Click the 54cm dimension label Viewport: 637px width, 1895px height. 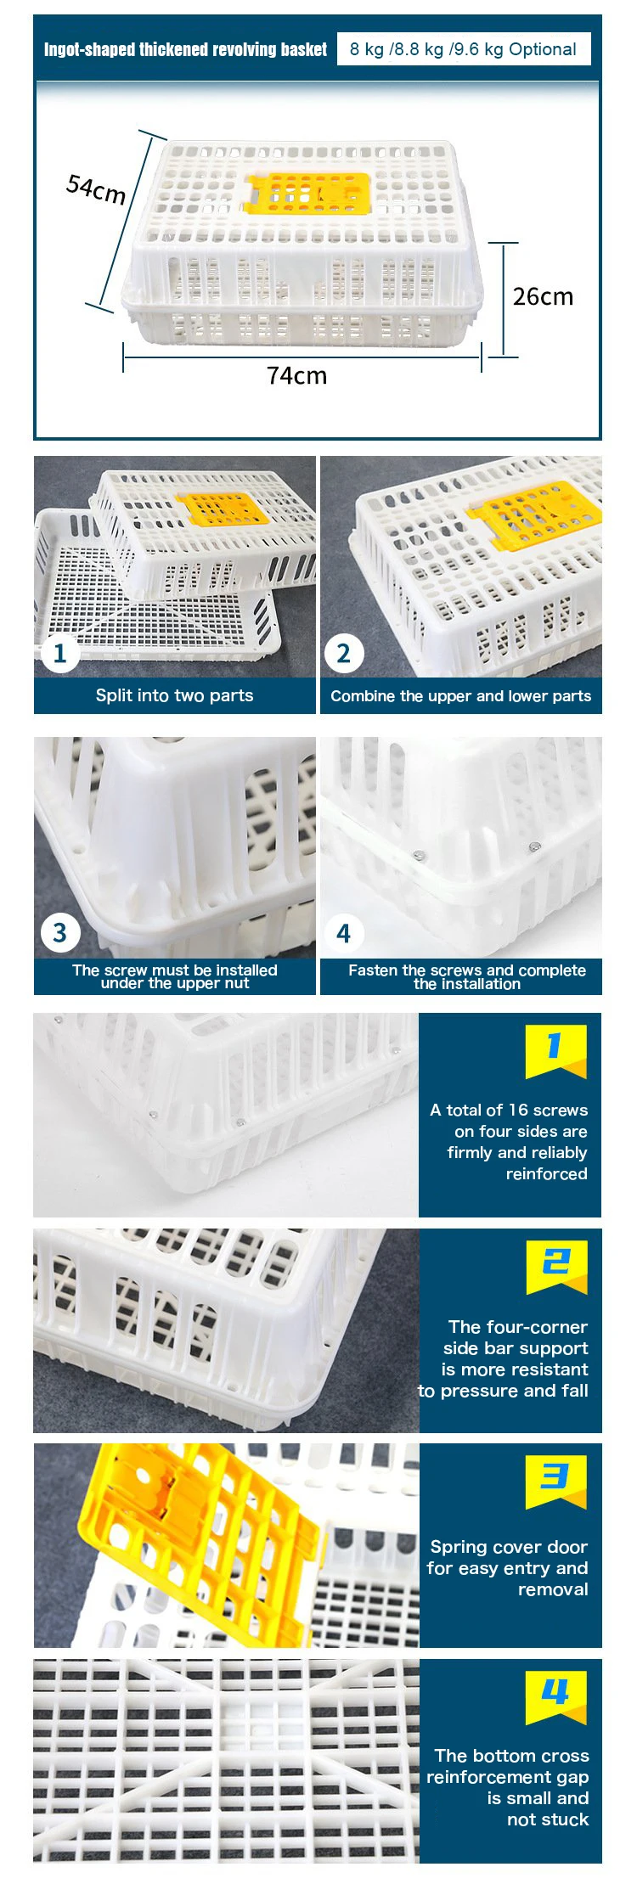pyautogui.click(x=96, y=188)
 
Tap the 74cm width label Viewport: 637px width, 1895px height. pyautogui.click(x=296, y=375)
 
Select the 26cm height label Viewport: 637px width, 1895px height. pyautogui.click(x=543, y=296)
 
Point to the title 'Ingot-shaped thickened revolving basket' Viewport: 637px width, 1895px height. pyautogui.click(x=185, y=49)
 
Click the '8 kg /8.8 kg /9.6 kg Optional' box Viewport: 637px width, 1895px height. pyautogui.click(x=464, y=49)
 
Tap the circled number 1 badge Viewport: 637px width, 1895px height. pyautogui.click(x=59, y=654)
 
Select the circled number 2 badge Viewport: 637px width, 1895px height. pyautogui.click(x=343, y=654)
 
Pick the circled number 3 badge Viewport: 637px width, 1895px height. pyautogui.click(x=59, y=933)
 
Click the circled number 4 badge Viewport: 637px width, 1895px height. pyautogui.click(x=343, y=933)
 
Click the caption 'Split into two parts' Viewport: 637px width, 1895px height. pyautogui.click(x=174, y=695)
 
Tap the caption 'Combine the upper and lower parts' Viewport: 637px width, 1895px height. pyautogui.click(x=460, y=696)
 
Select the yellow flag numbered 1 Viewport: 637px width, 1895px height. pyautogui.click(x=555, y=1051)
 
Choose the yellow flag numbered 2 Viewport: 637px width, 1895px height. pyautogui.click(x=556, y=1267)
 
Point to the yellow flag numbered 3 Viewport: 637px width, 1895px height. pyautogui.click(x=555, y=1482)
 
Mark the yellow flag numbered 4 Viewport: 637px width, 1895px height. pyautogui.click(x=555, y=1698)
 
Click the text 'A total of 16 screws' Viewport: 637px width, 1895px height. pyautogui.click(x=509, y=1110)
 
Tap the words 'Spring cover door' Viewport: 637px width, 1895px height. pyautogui.click(x=509, y=1547)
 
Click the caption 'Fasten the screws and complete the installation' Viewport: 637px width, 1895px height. pyautogui.click(x=466, y=976)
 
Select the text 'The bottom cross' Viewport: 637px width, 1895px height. pyautogui.click(x=511, y=1756)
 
